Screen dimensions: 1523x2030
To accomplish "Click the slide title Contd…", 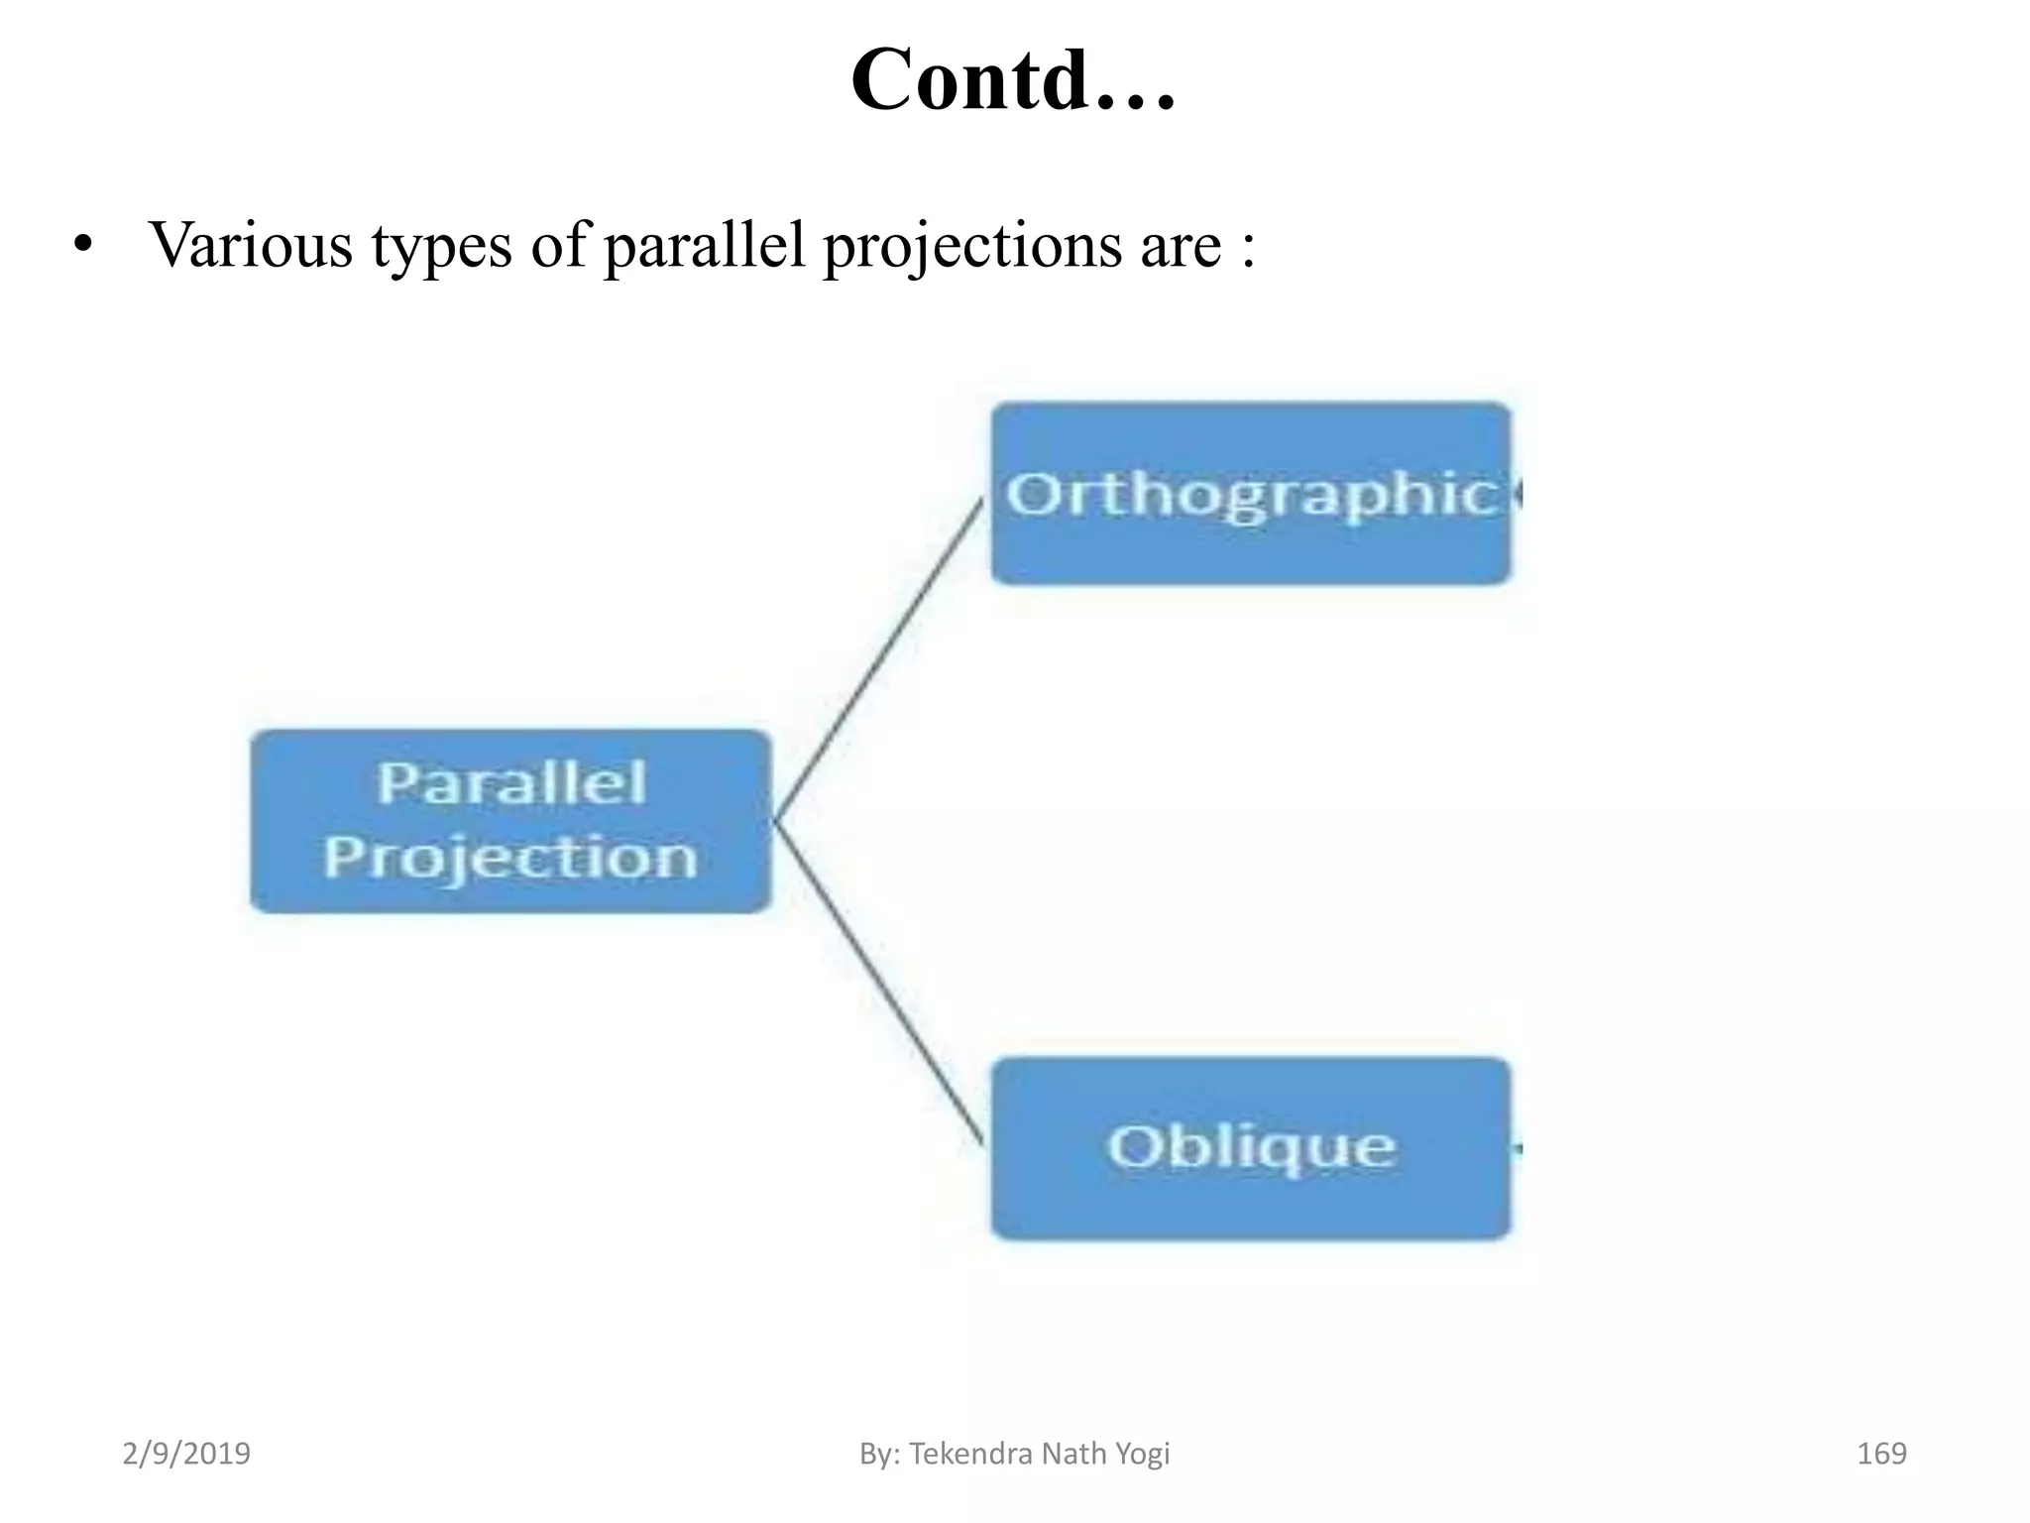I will click(1013, 79).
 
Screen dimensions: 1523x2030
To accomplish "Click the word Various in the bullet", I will click(250, 244).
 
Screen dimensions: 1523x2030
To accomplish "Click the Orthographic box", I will click(1251, 493).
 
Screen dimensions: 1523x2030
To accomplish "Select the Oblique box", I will click(1251, 1147).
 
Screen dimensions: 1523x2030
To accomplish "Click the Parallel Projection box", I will click(510, 821).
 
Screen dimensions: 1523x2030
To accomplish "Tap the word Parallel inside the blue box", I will click(511, 782).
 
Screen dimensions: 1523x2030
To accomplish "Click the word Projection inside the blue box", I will click(510, 858).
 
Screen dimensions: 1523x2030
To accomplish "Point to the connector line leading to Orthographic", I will click(878, 659).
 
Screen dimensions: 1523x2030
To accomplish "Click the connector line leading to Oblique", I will click(878, 982).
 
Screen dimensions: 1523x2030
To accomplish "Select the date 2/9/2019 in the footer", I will click(186, 1454).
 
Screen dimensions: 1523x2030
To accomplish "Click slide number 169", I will click(1880, 1454).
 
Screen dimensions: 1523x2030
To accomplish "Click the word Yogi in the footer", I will click(1142, 1455).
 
